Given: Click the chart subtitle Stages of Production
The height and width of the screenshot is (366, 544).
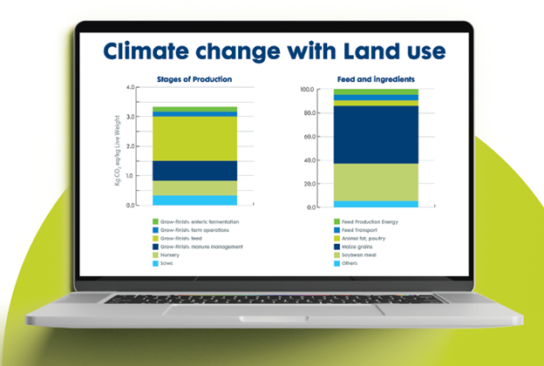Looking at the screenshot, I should [x=194, y=78].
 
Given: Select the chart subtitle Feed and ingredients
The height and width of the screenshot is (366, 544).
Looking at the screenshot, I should [x=363, y=78].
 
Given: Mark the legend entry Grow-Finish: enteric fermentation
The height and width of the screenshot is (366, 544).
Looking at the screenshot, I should [x=196, y=222].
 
